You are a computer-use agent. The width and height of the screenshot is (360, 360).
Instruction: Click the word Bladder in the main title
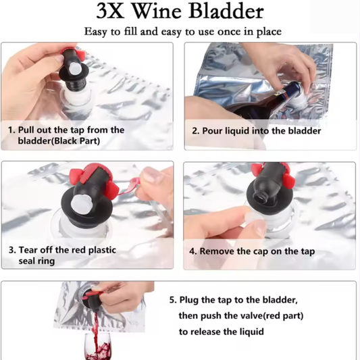(x=226, y=11)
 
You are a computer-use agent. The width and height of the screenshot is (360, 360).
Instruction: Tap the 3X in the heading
(x=109, y=11)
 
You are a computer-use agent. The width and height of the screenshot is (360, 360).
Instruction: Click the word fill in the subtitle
(x=131, y=31)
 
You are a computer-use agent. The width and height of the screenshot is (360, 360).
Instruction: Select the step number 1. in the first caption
(x=11, y=130)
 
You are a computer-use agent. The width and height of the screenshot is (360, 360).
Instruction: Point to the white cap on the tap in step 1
(x=75, y=70)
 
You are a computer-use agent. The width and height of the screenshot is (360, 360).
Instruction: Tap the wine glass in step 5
(x=97, y=346)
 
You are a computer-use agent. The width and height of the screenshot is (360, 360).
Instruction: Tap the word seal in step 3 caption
(x=27, y=261)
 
